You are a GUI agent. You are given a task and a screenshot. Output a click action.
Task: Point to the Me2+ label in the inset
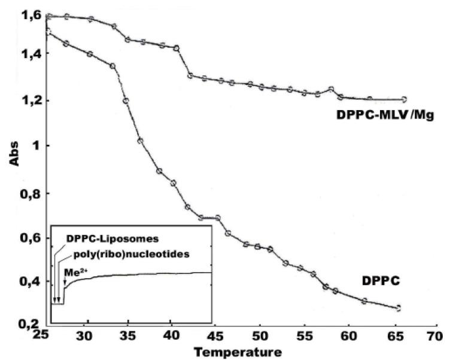(x=72, y=269)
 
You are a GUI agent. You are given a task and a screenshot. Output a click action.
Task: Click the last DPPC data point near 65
(x=399, y=308)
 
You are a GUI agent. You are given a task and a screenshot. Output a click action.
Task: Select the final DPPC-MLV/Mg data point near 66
(x=404, y=99)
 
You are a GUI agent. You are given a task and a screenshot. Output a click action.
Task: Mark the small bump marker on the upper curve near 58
(x=331, y=89)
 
